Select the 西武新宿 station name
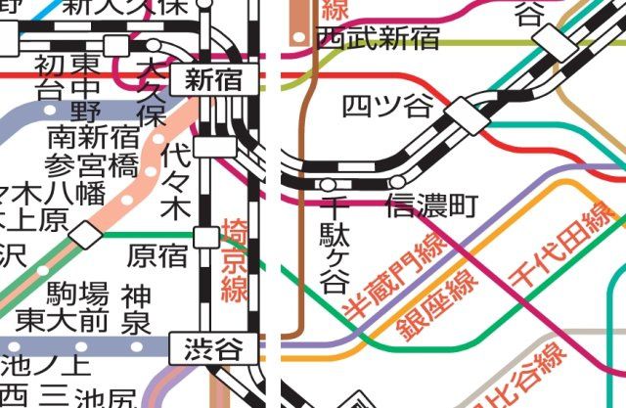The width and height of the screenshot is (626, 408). pyautogui.click(x=378, y=38)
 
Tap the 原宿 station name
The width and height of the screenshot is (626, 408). pyautogui.click(x=156, y=256)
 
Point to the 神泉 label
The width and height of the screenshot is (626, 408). pyautogui.click(x=136, y=308)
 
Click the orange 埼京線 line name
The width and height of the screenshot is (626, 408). pyautogui.click(x=235, y=259)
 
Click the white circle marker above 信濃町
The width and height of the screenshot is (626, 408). pyautogui.click(x=397, y=182)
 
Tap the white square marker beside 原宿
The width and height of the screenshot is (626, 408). pyautogui.click(x=205, y=236)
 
